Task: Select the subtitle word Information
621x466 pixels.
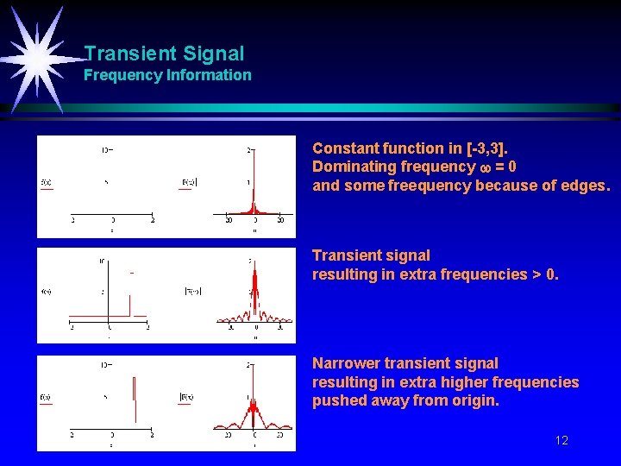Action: [x=207, y=75]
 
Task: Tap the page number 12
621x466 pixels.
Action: [x=561, y=440]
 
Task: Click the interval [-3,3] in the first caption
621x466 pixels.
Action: [x=487, y=148]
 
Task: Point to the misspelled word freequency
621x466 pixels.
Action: [x=430, y=185]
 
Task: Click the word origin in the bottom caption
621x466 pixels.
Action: [x=474, y=401]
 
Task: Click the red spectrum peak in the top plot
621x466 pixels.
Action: [x=254, y=204]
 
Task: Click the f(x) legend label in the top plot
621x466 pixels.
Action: [x=47, y=182]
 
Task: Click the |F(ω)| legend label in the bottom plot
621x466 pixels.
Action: [x=187, y=397]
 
